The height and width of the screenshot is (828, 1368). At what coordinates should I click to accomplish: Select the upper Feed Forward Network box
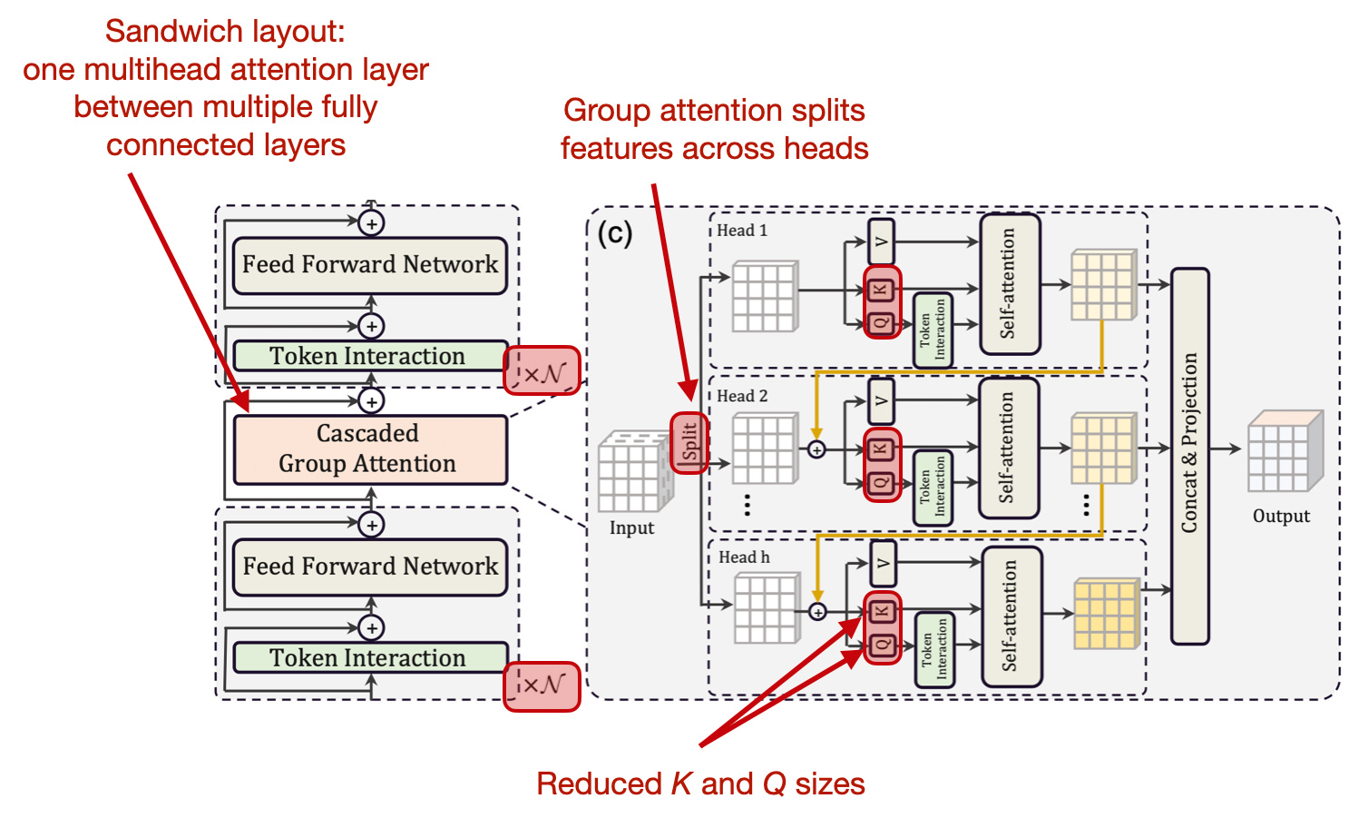[369, 265]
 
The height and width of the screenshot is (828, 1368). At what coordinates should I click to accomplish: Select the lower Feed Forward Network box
[369, 567]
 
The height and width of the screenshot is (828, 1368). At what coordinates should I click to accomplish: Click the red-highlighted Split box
[689, 442]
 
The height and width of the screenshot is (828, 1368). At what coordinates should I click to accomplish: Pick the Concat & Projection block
[1189, 456]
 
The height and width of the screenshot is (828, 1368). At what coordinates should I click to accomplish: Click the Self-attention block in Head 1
[1009, 284]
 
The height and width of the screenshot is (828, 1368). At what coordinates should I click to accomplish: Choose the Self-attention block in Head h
[1011, 616]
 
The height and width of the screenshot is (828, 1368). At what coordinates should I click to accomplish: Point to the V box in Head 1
[881, 241]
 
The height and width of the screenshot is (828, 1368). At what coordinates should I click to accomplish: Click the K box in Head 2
[881, 448]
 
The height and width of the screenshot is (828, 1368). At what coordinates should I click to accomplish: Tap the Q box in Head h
[882, 646]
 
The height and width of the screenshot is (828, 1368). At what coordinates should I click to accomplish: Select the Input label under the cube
[631, 527]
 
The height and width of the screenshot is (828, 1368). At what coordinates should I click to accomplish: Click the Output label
[1281, 516]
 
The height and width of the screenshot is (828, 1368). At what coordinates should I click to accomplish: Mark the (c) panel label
[614, 233]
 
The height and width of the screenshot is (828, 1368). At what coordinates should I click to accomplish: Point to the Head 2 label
[742, 396]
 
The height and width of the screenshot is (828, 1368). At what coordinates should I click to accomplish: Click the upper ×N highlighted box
[542, 371]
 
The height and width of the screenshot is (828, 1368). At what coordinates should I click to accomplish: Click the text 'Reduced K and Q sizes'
[700, 784]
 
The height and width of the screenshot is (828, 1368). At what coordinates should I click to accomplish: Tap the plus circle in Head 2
[816, 449]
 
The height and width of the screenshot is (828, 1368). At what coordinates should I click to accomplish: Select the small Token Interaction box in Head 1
[933, 329]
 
